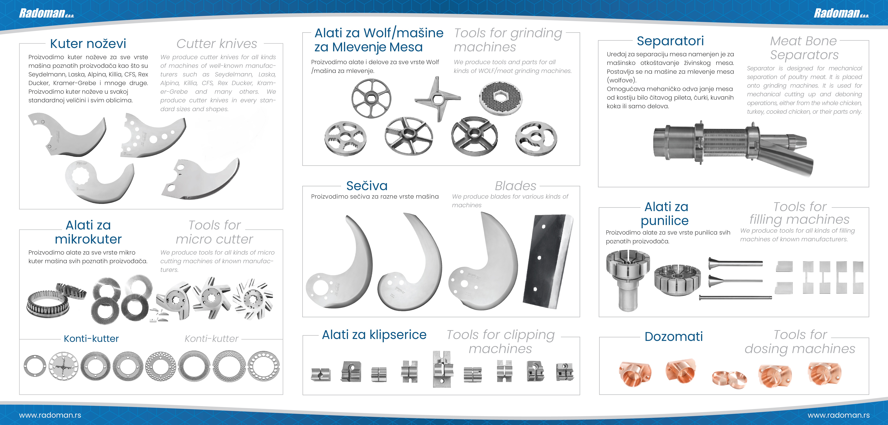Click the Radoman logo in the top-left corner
click(x=47, y=13)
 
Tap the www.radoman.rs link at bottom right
click(x=838, y=415)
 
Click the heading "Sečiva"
click(x=367, y=186)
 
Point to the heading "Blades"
click(x=515, y=186)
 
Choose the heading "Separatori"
click(x=670, y=41)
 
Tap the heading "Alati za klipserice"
click(x=374, y=335)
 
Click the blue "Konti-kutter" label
click(x=91, y=339)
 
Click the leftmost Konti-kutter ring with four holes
click(x=35, y=366)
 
